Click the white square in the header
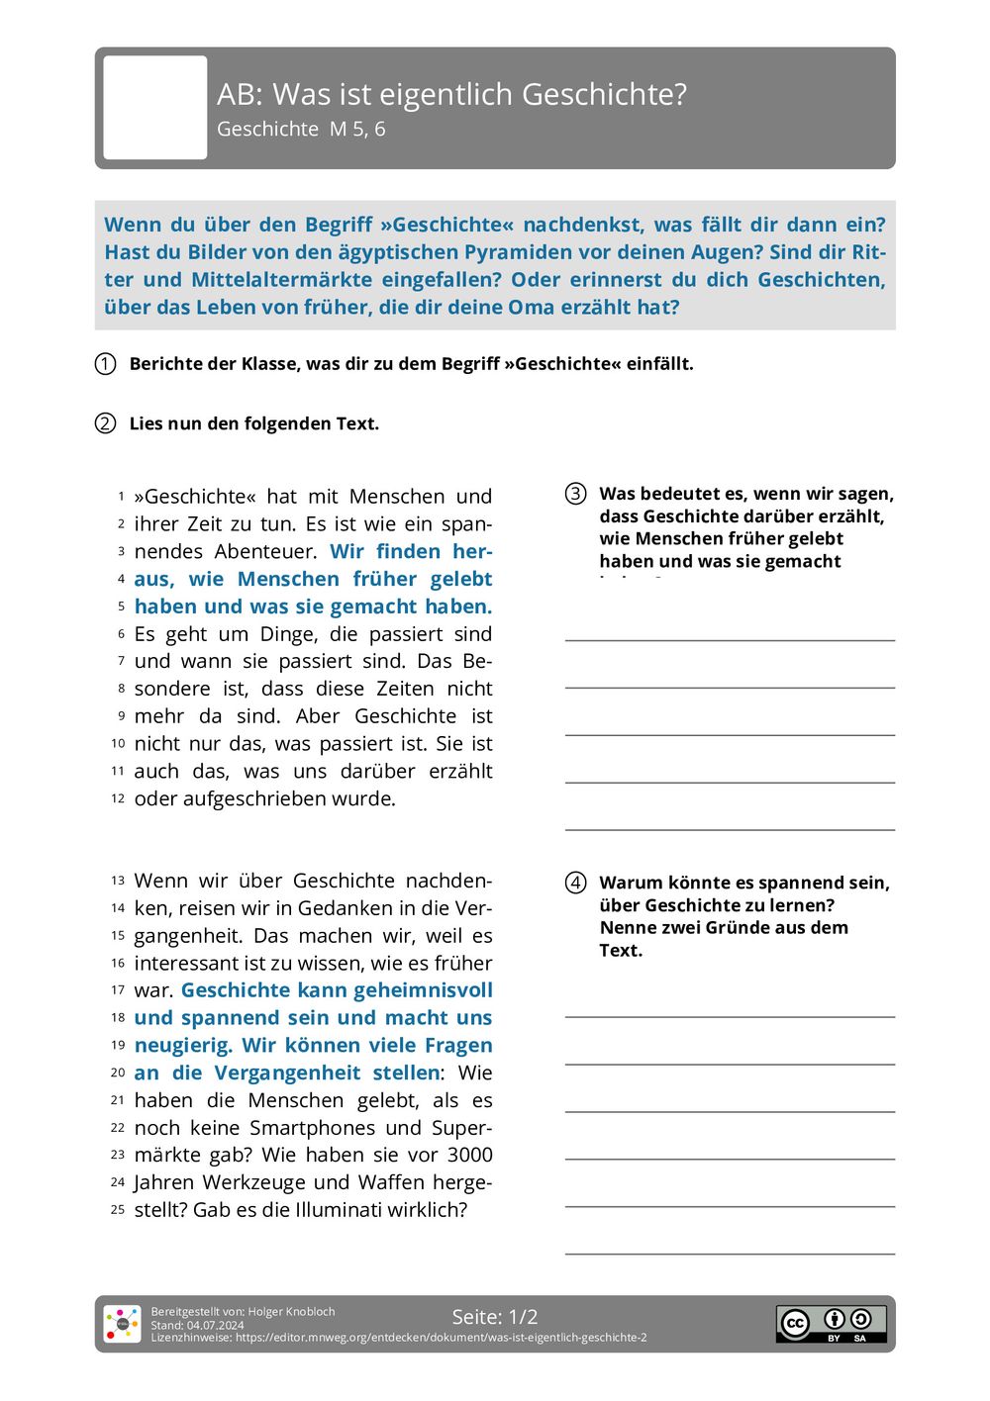coord(155,107)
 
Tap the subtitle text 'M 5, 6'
coord(357,129)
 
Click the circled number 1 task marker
coord(106,364)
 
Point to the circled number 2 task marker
coord(106,423)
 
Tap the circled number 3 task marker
coord(575,494)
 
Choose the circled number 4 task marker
coord(575,883)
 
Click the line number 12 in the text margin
coord(118,798)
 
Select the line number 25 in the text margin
coord(118,1210)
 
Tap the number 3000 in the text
coord(469,1155)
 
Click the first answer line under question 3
coord(730,639)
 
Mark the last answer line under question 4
coord(730,1253)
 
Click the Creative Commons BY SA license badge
coord(831,1323)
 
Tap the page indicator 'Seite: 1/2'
coord(495,1317)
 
